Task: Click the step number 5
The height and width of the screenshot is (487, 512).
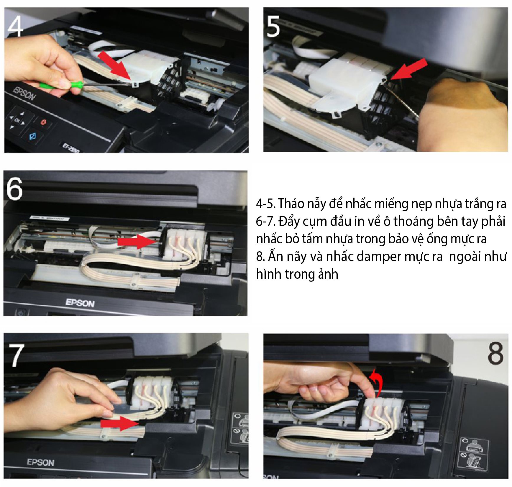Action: click(x=273, y=27)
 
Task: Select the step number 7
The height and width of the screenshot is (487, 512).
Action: click(x=17, y=356)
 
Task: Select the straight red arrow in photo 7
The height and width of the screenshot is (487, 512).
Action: click(x=119, y=424)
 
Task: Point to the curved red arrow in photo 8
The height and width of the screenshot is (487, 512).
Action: click(x=377, y=381)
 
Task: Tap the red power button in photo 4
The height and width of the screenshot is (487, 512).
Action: click(x=44, y=122)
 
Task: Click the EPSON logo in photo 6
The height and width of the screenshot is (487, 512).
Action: click(x=80, y=303)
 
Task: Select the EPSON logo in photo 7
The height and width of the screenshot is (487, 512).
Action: click(x=41, y=462)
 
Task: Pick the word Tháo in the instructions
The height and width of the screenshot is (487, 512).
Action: click(x=291, y=204)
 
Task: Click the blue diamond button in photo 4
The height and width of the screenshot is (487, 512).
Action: click(x=32, y=136)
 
